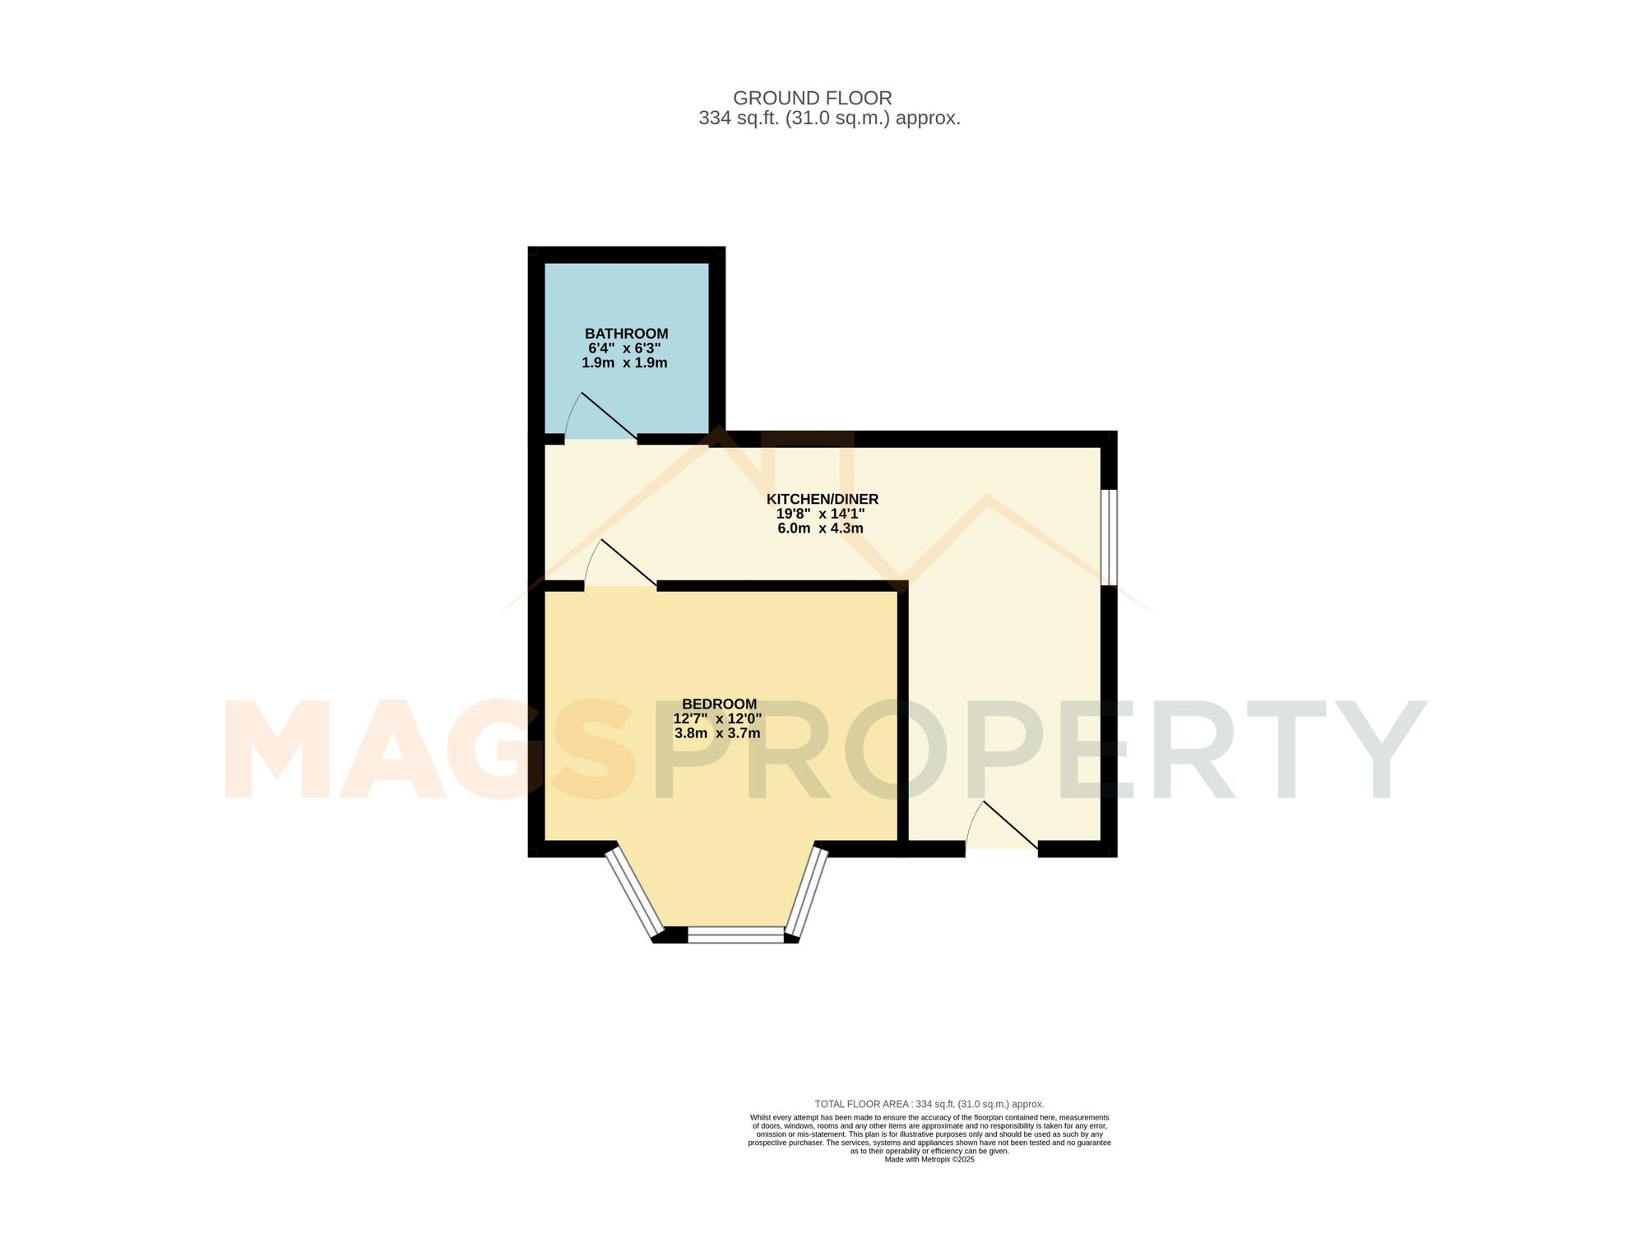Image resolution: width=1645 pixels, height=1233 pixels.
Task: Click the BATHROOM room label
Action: [626, 334]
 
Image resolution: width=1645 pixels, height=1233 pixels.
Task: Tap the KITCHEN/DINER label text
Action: [822, 499]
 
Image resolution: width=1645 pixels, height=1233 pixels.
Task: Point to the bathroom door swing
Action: [600, 419]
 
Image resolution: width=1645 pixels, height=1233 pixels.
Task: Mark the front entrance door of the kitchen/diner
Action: [1002, 827]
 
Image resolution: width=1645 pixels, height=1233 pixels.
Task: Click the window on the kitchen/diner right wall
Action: [1109, 538]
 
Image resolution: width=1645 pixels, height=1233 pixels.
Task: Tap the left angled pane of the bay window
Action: [633, 894]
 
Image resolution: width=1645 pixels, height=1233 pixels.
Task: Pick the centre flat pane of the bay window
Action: [735, 935]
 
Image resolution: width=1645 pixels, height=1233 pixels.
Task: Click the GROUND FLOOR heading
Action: [812, 99]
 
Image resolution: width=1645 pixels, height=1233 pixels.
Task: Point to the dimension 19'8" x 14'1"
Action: [820, 514]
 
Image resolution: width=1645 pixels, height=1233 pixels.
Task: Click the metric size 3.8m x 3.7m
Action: [717, 733]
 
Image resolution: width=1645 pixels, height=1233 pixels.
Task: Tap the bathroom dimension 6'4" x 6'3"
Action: [624, 349]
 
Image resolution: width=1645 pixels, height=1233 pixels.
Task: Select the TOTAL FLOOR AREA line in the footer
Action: [929, 1104]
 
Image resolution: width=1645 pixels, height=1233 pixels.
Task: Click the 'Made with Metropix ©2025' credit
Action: [929, 1160]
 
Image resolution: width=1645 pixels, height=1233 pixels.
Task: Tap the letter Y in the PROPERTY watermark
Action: [1369, 750]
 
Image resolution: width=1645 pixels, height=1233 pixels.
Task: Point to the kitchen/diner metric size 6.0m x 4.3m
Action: [820, 529]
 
